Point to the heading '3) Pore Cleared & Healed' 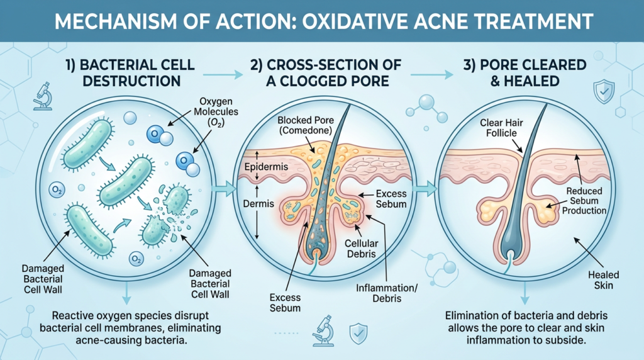(x=524, y=73)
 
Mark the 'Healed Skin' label (x=604, y=281)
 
